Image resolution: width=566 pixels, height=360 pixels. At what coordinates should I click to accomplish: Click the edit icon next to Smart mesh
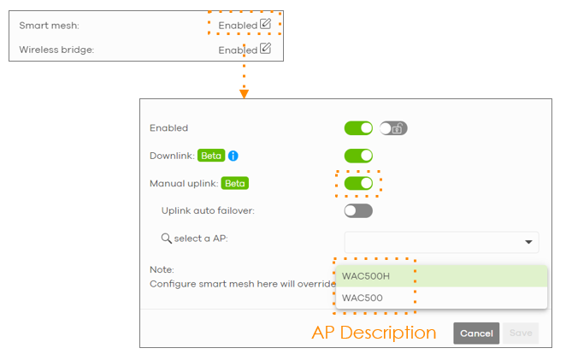[x=265, y=25]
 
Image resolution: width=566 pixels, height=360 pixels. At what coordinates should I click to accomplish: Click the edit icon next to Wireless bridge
[x=265, y=49]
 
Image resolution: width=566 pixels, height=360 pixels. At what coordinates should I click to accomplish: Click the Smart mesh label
[x=49, y=26]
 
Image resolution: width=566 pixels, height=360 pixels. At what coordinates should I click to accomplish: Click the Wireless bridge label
[x=56, y=50]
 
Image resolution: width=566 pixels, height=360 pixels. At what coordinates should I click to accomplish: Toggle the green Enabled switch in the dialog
[x=358, y=128]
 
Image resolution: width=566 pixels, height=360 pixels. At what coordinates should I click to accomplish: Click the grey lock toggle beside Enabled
[x=393, y=128]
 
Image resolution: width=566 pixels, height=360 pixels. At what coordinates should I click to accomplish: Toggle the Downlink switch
[x=358, y=156]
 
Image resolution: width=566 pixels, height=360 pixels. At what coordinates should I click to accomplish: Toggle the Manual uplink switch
[x=358, y=183]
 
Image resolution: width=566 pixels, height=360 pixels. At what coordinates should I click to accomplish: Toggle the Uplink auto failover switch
[x=358, y=210]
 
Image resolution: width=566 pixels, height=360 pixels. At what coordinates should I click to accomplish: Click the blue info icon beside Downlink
[x=233, y=156]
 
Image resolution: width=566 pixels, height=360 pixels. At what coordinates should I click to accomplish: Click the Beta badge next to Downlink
[x=211, y=156]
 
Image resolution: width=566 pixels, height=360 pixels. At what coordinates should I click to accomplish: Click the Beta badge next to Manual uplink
[x=234, y=183]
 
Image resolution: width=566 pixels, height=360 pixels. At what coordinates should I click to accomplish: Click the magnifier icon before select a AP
[x=167, y=238]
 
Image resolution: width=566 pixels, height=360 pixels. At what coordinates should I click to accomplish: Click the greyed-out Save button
[x=521, y=333]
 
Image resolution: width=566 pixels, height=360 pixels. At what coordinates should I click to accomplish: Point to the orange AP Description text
[x=374, y=333]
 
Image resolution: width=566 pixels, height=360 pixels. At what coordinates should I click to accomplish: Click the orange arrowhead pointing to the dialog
[x=244, y=93]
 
